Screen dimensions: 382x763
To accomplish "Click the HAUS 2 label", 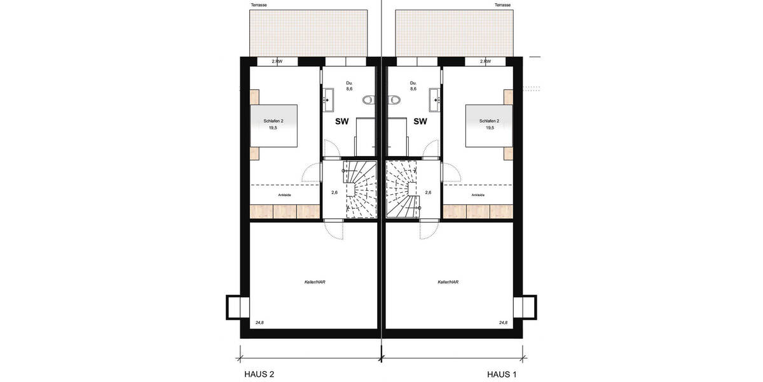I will click(x=259, y=374).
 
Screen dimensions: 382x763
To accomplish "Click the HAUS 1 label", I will click(x=502, y=374).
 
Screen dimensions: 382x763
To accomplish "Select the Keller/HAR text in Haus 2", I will click(x=310, y=281).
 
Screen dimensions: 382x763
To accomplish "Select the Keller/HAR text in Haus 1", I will click(x=448, y=281).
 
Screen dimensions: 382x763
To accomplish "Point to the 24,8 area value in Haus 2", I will click(x=259, y=323).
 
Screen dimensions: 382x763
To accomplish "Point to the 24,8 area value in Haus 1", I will click(x=503, y=323).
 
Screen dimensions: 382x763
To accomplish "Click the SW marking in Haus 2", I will click(x=342, y=121).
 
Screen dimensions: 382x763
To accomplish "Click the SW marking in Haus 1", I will click(x=420, y=121).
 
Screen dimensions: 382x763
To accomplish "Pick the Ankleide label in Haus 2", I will click(x=284, y=195).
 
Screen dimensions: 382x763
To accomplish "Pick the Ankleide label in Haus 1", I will click(x=478, y=195).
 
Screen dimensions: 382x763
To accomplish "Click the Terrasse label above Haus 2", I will click(x=259, y=5).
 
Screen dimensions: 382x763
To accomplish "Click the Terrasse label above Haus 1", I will click(x=503, y=5).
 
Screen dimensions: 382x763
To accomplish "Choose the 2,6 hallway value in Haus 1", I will click(x=428, y=192).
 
